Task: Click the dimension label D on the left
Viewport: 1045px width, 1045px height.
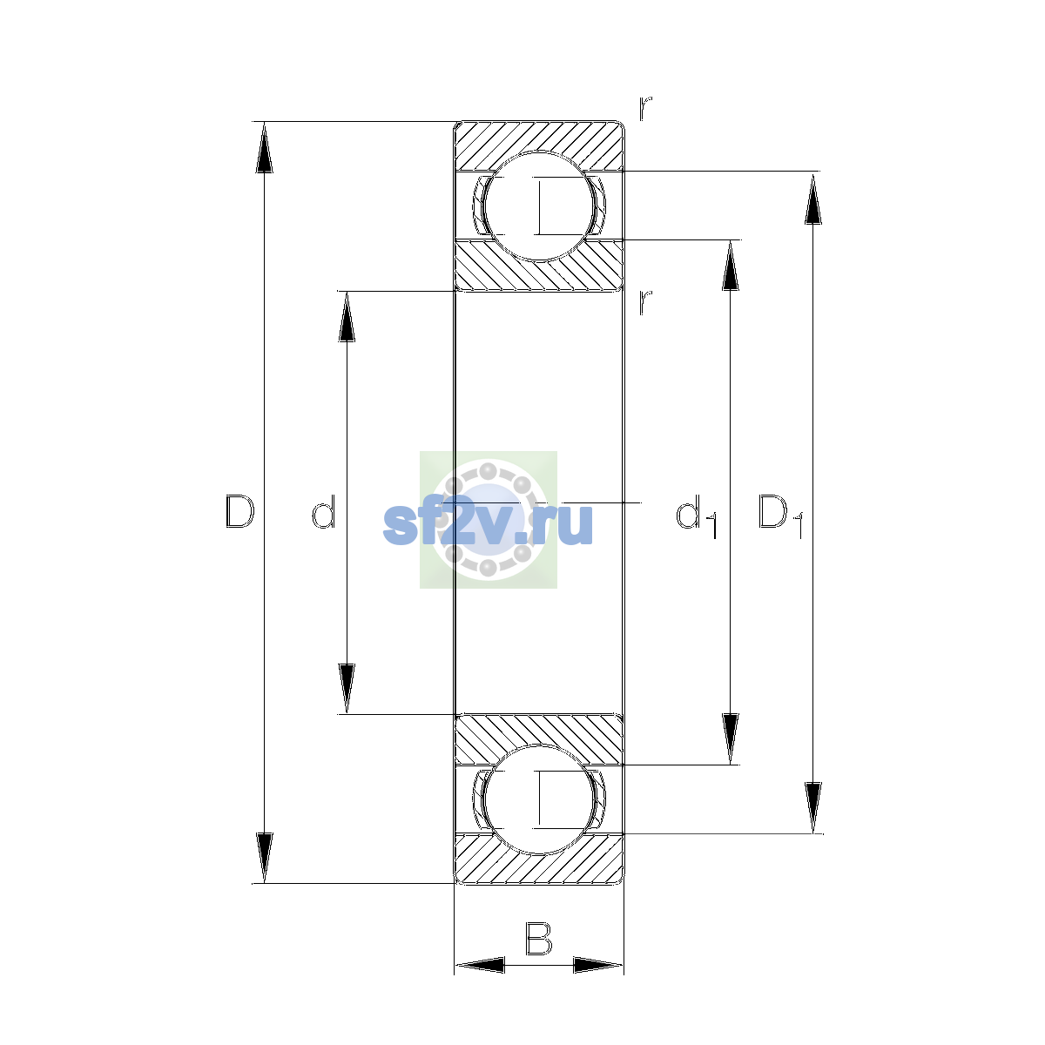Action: pyautogui.click(x=239, y=511)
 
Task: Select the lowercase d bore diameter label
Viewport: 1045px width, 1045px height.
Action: pyautogui.click(x=324, y=511)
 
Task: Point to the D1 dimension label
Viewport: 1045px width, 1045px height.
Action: pyautogui.click(x=780, y=516)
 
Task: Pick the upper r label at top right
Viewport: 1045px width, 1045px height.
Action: pyautogui.click(x=645, y=108)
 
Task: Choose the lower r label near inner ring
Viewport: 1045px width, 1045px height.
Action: pyautogui.click(x=645, y=302)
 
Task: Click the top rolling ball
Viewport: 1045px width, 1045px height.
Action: pyautogui.click(x=538, y=206)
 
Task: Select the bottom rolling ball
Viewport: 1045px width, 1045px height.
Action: pyautogui.click(x=538, y=799)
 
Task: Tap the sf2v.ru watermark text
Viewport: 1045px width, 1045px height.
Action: pyautogui.click(x=488, y=523)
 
